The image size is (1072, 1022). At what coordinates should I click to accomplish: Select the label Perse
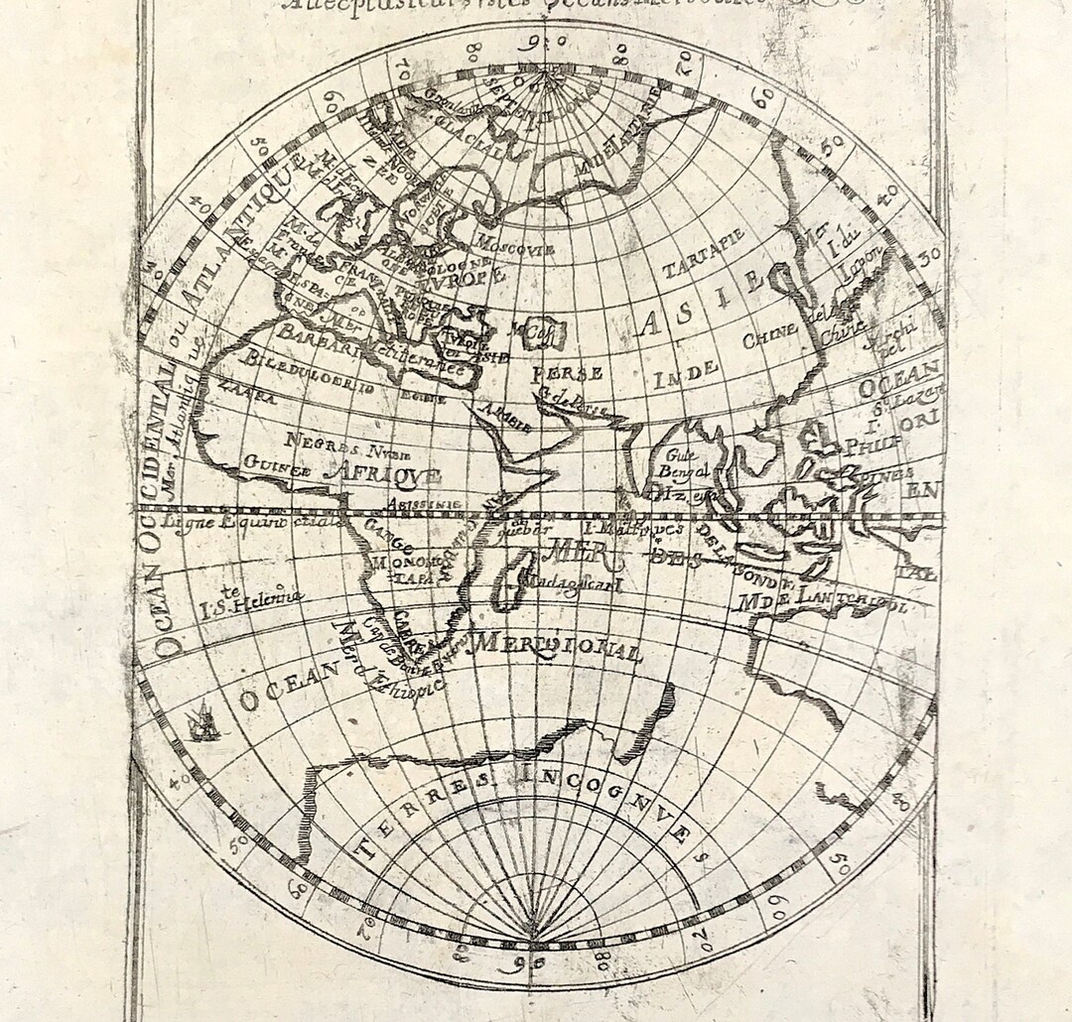pos(568,374)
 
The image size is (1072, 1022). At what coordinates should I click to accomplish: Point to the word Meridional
pos(559,646)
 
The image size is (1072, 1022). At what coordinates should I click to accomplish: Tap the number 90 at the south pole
pos(534,959)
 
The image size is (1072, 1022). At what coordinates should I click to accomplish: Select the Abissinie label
pos(429,503)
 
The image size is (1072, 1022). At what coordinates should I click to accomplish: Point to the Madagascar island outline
pos(509,582)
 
